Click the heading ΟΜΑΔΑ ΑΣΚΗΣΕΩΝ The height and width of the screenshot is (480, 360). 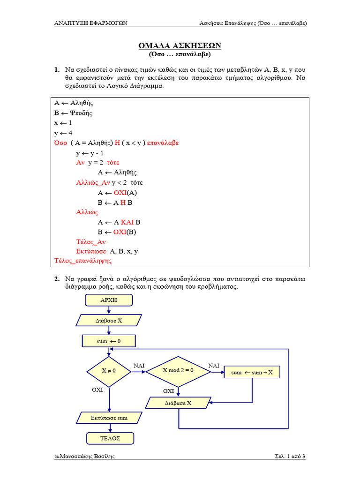coord(180,45)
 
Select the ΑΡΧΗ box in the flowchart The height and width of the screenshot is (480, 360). coord(109,300)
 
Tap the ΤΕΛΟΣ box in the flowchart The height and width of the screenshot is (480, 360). coord(110,438)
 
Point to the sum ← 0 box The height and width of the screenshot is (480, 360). coord(109,341)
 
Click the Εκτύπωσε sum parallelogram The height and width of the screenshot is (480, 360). coord(109,417)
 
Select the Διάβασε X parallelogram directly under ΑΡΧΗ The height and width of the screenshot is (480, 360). coord(108,321)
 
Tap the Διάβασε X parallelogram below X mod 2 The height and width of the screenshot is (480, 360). coord(178,403)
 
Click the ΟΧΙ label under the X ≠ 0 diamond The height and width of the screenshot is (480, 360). coord(97,390)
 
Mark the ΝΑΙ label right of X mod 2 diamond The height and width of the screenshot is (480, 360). coord(213,365)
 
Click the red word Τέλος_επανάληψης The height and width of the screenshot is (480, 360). coord(82,261)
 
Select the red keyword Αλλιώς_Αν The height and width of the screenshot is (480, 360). coord(93,182)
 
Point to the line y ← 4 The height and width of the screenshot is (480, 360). coord(63,133)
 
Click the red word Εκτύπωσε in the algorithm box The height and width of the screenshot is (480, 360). coord(91,251)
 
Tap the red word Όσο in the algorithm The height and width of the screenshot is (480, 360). coord(61,142)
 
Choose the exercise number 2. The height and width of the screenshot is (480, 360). coord(56,279)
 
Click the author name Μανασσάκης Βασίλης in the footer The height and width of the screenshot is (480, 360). coord(87,456)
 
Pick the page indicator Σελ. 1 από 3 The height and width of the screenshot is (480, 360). coord(290,456)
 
